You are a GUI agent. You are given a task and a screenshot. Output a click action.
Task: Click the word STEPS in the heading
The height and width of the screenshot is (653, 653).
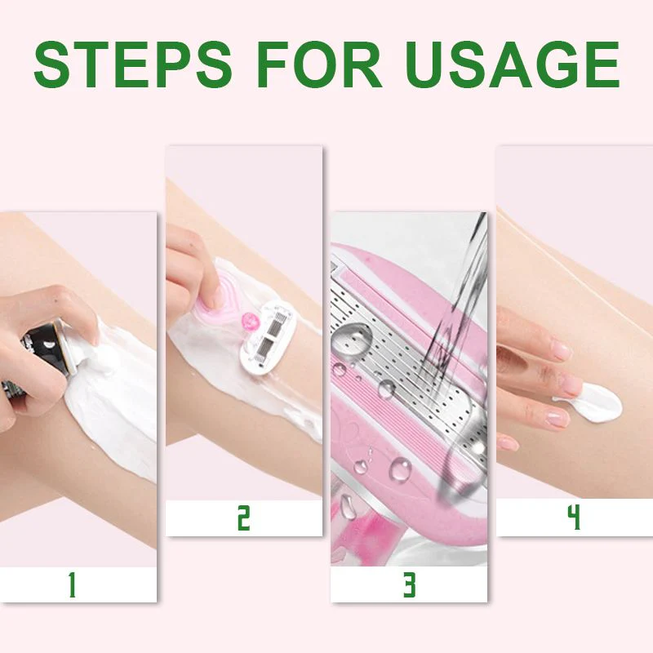click(132, 64)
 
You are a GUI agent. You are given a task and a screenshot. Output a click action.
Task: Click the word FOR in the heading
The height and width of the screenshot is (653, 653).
click(319, 64)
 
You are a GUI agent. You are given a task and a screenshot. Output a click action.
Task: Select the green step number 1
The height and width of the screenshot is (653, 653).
click(73, 584)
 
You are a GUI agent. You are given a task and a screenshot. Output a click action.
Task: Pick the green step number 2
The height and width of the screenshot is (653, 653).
click(243, 518)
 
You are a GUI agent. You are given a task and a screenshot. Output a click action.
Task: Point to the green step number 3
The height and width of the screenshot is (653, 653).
click(410, 584)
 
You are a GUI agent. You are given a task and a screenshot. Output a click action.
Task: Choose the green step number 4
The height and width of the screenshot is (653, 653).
click(575, 518)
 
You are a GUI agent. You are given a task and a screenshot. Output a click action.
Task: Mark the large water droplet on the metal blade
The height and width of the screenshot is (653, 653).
click(353, 338)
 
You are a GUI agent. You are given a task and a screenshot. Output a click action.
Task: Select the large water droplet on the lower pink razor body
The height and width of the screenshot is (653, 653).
click(400, 470)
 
